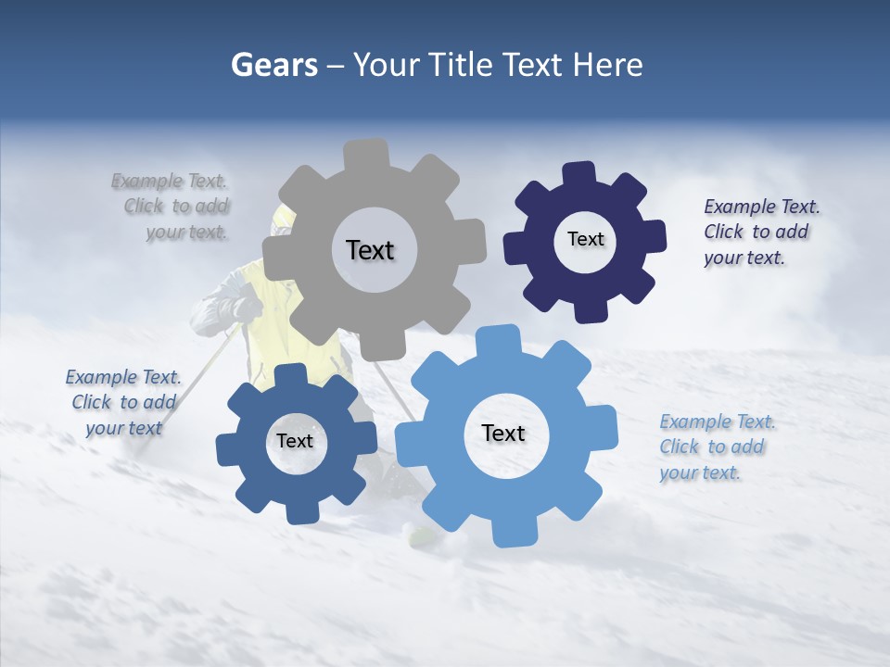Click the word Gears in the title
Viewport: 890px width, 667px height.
273,65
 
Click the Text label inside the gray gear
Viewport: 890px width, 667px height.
370,250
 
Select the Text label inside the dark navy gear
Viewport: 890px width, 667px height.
585,239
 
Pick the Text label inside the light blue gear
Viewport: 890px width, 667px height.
503,433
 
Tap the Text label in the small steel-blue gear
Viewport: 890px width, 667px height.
295,441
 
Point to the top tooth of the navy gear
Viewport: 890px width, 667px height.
578,174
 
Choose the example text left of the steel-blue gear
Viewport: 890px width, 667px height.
123,402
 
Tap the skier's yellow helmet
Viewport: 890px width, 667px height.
282,220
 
